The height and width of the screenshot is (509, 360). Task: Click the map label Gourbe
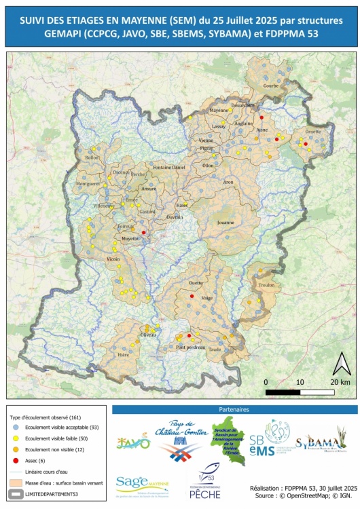tap(270, 86)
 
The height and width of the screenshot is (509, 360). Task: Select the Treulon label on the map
tap(266, 286)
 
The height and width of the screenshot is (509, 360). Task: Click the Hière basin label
tap(124, 354)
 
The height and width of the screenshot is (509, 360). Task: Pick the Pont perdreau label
tap(190, 347)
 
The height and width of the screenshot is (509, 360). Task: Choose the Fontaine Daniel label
tap(169, 167)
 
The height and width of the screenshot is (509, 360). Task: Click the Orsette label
tap(313, 132)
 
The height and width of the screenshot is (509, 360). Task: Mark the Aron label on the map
tap(228, 182)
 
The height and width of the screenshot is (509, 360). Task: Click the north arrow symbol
tap(340, 364)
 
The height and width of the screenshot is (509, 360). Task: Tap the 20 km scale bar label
tap(340, 382)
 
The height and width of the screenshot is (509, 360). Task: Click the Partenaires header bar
tap(234, 410)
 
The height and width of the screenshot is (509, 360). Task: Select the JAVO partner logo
tap(133, 442)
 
